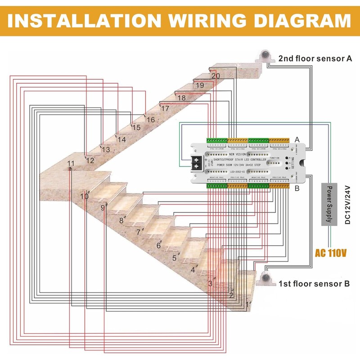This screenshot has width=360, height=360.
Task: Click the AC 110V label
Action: pyautogui.click(x=331, y=253)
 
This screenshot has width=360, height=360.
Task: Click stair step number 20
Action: pyautogui.click(x=216, y=76)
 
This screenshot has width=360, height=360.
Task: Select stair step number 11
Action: pyautogui.click(x=71, y=163)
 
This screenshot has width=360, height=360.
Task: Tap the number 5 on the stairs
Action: pyautogui.click(x=174, y=258)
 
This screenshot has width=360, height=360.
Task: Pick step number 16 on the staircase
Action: pyautogui.click(x=150, y=120)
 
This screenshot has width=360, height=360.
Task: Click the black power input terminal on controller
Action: pyautogui.click(x=198, y=164)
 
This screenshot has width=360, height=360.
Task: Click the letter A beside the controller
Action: pyautogui.click(x=297, y=140)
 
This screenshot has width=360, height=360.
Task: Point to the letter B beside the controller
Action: pyautogui.click(x=297, y=189)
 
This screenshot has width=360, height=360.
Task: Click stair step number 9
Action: pyautogui.click(x=103, y=207)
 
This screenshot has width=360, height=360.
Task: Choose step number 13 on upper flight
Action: pyautogui.click(x=106, y=149)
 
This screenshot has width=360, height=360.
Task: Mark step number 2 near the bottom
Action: pyautogui.click(x=231, y=295)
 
